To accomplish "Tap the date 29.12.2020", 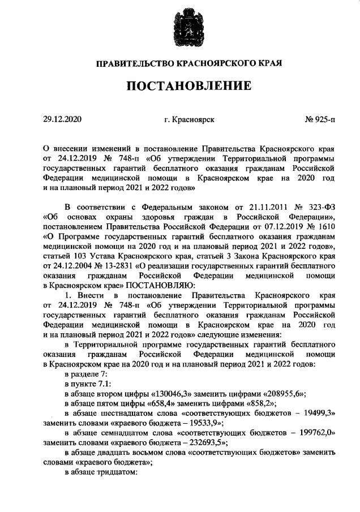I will (x=62, y=120).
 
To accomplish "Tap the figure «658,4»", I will (x=152, y=403).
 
